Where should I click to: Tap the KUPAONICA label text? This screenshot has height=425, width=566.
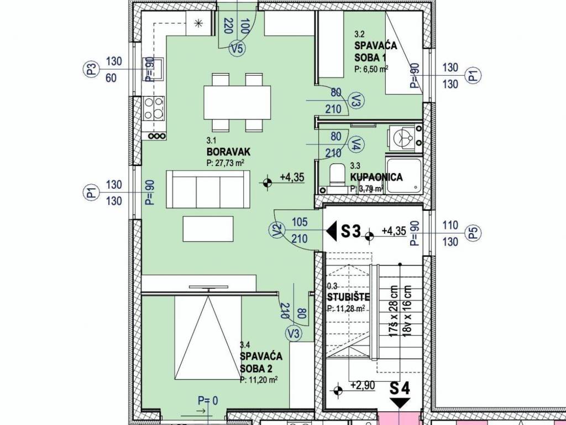376,177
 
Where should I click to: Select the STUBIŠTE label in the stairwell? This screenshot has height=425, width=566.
348,297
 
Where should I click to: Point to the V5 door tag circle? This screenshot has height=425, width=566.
237,48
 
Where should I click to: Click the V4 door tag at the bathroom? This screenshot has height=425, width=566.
357,144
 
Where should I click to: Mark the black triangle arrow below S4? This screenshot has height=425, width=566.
400,403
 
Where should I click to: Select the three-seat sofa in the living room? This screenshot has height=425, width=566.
208,189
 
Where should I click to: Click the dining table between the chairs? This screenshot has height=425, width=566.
237,102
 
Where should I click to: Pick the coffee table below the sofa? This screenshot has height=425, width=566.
208,229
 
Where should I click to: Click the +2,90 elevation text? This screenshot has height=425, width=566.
363,385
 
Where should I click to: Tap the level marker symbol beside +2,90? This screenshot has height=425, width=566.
338,390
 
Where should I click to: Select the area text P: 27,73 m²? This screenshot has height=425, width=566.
226,163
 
